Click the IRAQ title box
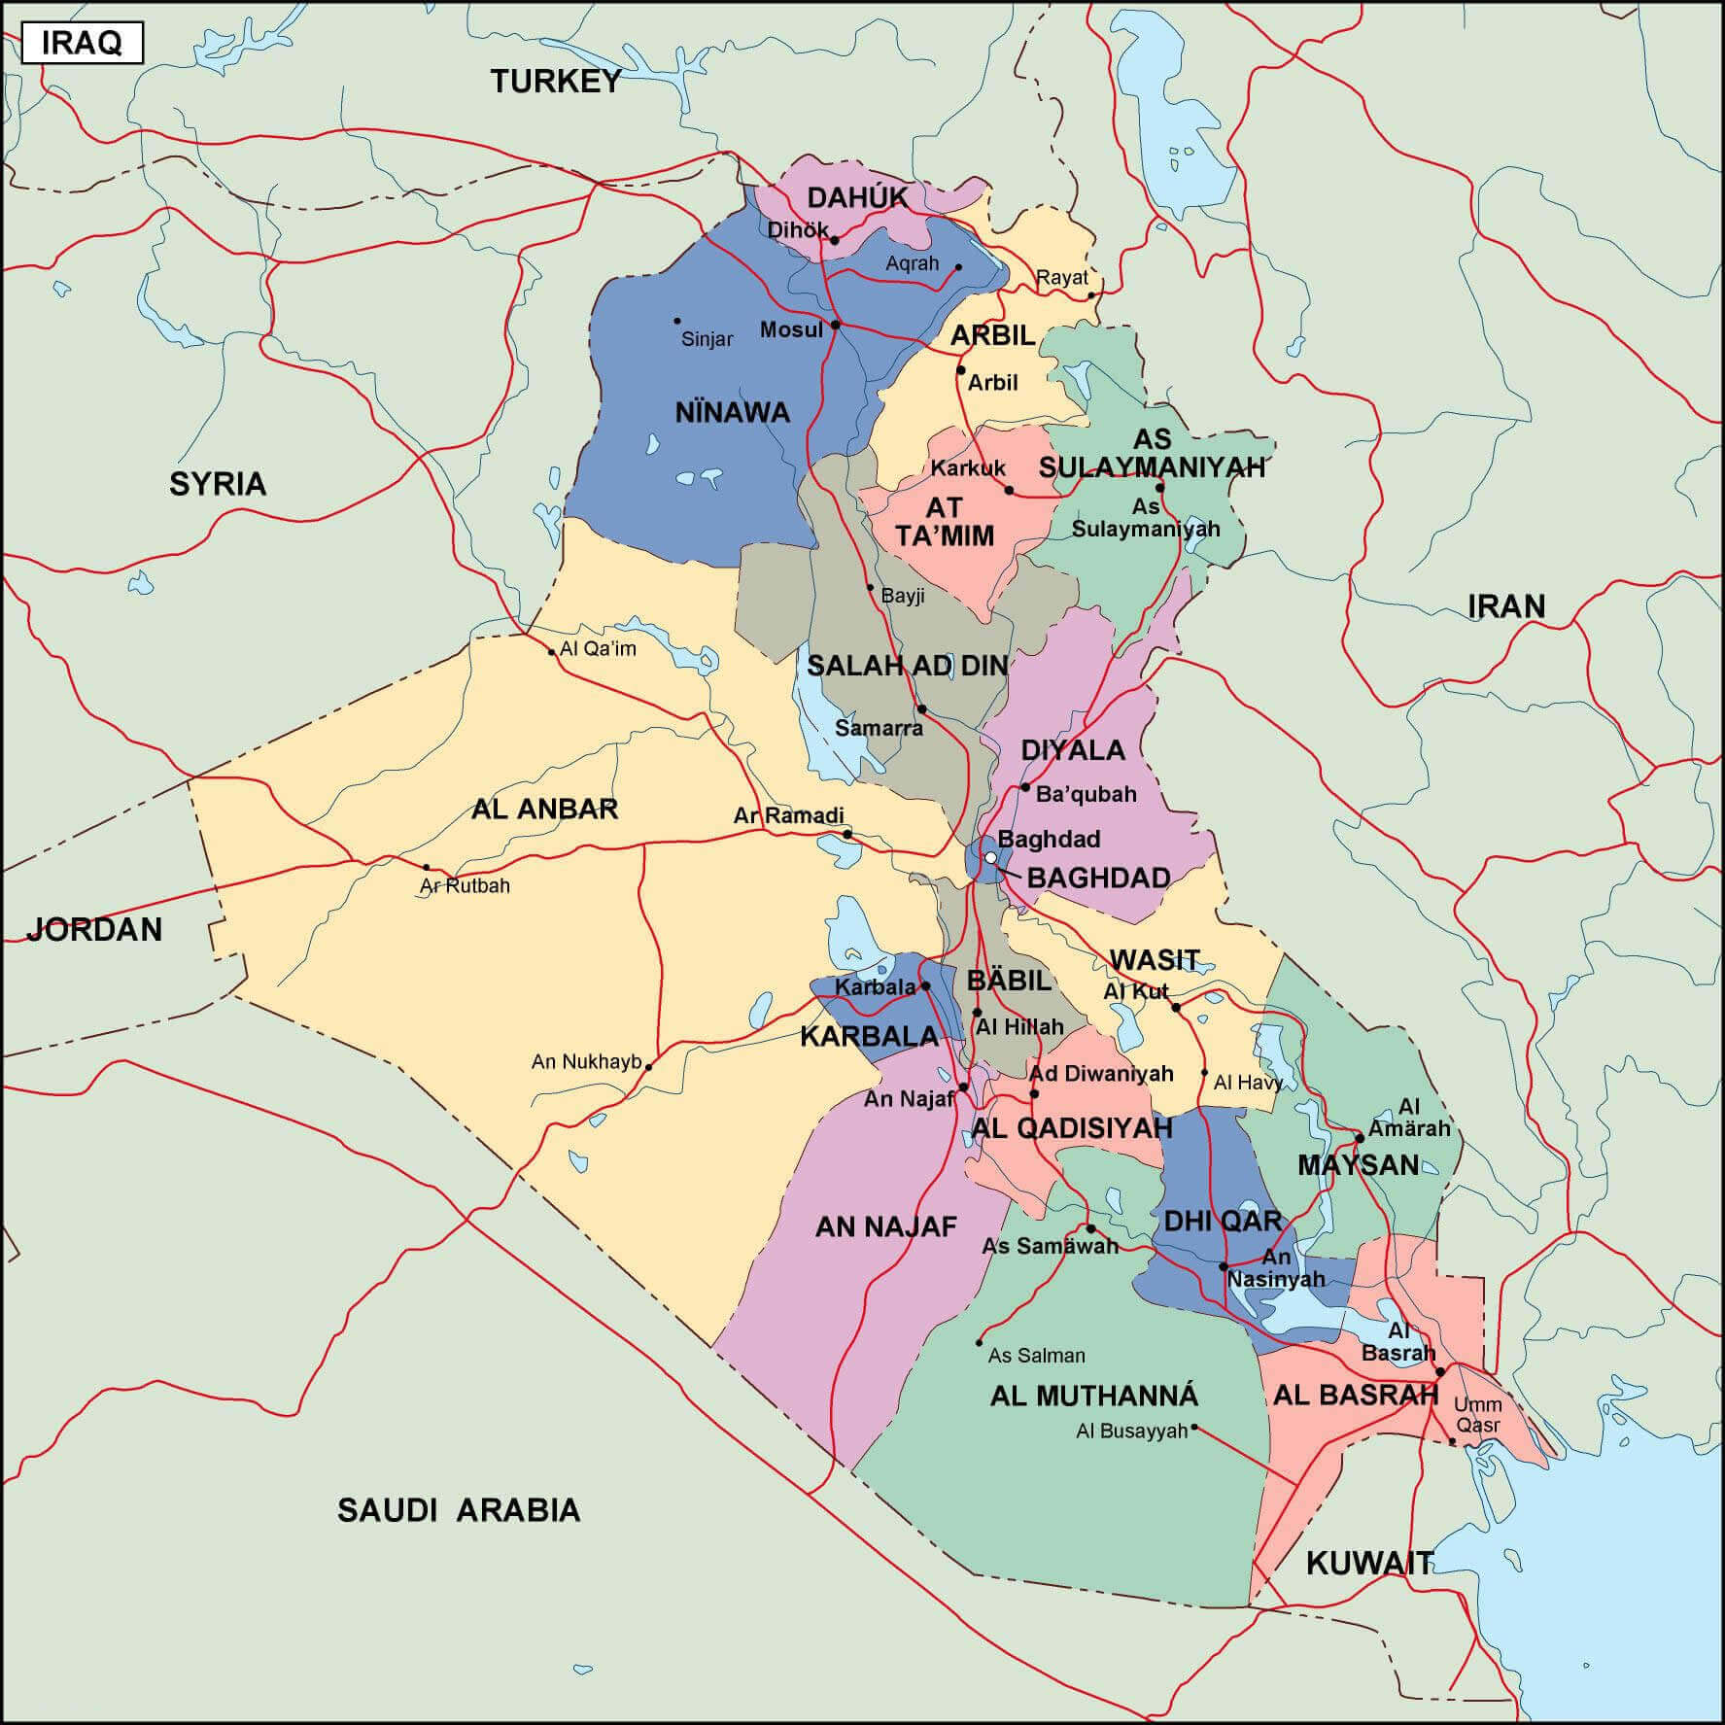(82, 44)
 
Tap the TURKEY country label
(555, 82)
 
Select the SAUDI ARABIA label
(459, 1509)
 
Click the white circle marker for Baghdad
(990, 858)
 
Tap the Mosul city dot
(836, 325)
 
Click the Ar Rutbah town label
(465, 885)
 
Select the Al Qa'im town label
(598, 648)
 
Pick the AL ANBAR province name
(544, 809)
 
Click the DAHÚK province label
(857, 197)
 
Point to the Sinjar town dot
(677, 321)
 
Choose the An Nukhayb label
(586, 1061)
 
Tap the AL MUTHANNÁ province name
(1094, 1396)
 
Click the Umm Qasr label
(1477, 1415)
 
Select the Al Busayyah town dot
(1194, 1428)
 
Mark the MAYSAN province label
(1358, 1164)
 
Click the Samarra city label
(879, 727)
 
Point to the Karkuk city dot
(1009, 491)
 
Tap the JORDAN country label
(94, 929)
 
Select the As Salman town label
(1036, 1355)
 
